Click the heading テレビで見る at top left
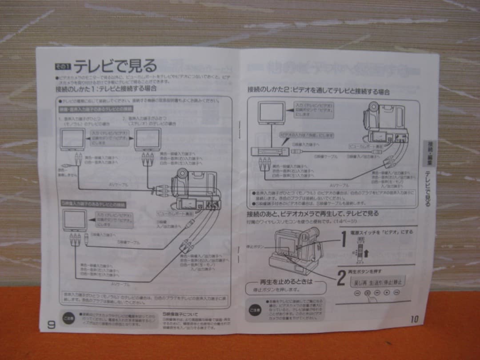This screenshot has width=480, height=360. (115, 67)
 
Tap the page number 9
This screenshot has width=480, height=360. (51, 324)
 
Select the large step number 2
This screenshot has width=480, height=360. (341, 278)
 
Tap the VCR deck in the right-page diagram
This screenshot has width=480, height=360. (270, 151)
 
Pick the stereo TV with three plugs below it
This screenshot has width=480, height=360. (148, 140)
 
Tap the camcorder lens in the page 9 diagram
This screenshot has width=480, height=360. (181, 174)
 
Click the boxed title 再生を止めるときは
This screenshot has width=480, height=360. (286, 282)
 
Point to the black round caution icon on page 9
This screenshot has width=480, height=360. (68, 319)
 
